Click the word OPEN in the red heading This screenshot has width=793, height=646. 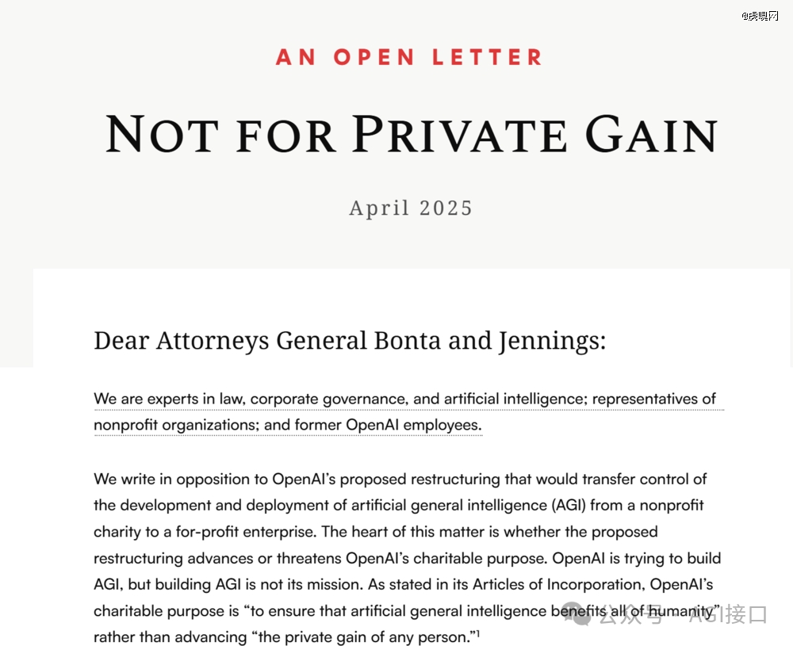[374, 58]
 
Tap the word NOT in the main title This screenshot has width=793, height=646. [162, 135]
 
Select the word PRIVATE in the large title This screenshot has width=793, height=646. [461, 135]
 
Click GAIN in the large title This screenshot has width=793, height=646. [652, 135]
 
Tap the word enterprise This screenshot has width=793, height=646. [273, 531]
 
